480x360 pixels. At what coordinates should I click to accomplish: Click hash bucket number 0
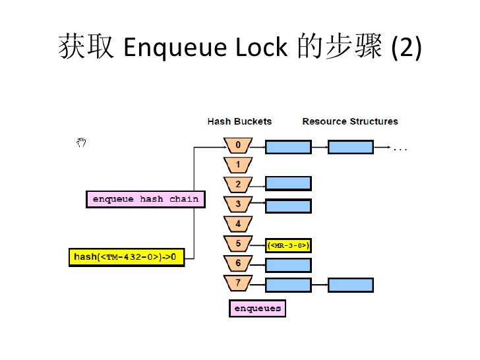click(238, 145)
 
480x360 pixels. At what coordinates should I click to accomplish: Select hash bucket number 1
click(238, 164)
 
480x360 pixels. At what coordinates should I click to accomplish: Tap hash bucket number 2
click(238, 184)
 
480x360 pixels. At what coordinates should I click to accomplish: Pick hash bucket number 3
click(238, 204)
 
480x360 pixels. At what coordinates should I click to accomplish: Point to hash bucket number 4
click(238, 224)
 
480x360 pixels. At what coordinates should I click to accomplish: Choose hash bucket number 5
click(238, 244)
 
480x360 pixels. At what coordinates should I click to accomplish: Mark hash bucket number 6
click(238, 264)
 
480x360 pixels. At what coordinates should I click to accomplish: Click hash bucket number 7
click(238, 284)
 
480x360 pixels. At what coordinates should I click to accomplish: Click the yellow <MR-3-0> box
click(288, 246)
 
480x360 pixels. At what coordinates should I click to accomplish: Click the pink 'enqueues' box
click(257, 309)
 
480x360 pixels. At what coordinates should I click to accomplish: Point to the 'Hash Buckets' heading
click(239, 121)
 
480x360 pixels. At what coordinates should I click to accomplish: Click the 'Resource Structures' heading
click(349, 121)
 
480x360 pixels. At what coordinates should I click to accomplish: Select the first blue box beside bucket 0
click(288, 147)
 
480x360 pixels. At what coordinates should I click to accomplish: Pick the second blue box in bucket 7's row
click(350, 285)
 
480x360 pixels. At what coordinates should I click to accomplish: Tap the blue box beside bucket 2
click(288, 184)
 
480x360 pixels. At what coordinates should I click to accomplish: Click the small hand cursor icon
click(82, 142)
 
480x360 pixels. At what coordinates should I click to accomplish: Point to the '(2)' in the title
click(405, 48)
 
